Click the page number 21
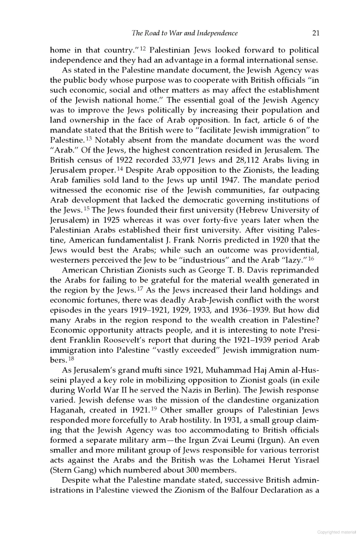coord(315,33)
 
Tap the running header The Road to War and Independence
coord(185,33)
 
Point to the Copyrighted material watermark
coord(336,532)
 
